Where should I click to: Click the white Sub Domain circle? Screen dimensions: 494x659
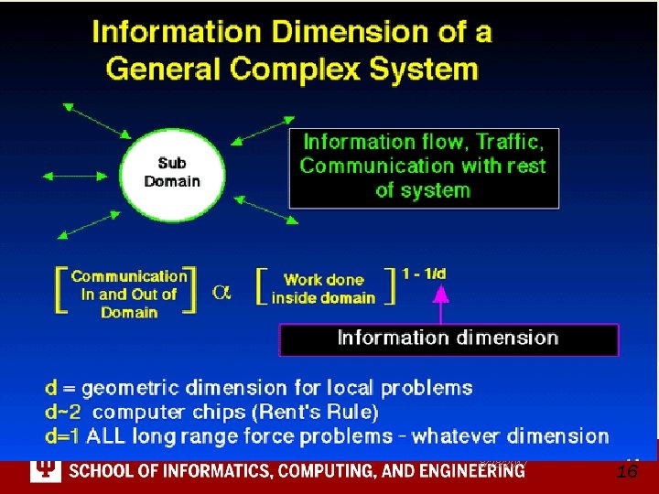click(171, 173)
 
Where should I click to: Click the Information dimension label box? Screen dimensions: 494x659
click(448, 338)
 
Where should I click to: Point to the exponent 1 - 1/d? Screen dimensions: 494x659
click(425, 273)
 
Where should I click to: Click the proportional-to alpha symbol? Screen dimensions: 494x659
click(221, 292)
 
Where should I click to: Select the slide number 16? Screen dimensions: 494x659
click(627, 472)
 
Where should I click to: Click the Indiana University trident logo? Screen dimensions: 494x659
click(44, 470)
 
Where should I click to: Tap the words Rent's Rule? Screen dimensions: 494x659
click(326, 413)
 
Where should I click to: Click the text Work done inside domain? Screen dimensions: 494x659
click(323, 289)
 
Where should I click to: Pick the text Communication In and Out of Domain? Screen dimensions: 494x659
click(129, 294)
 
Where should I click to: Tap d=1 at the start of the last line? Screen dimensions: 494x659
click(63, 436)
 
